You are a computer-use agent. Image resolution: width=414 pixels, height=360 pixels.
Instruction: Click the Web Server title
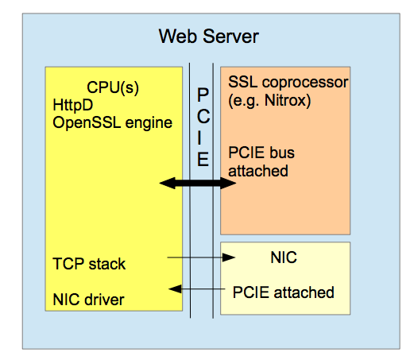[209, 37]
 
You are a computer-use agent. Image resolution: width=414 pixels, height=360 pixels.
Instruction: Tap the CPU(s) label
[113, 87]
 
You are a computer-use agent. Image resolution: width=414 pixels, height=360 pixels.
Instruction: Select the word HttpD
[73, 105]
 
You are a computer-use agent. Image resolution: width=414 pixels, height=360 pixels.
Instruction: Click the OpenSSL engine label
[113, 122]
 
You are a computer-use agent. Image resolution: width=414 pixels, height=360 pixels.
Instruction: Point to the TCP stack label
[89, 264]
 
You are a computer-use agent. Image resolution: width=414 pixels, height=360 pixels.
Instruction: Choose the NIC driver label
[88, 300]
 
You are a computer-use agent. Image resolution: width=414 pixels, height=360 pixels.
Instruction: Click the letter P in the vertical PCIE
[203, 95]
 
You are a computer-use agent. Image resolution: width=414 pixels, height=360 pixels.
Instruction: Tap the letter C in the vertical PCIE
[203, 116]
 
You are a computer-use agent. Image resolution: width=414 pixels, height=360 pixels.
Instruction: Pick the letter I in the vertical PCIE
[199, 137]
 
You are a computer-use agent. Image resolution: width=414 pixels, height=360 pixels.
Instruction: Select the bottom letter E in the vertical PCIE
[203, 159]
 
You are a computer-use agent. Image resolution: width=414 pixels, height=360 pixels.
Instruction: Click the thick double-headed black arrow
[198, 183]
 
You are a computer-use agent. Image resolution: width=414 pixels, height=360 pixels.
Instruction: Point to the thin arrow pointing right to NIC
[201, 257]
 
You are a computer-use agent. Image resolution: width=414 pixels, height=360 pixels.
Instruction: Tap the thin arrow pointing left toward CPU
[197, 288]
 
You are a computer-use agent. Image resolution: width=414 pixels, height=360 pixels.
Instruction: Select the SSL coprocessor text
[288, 82]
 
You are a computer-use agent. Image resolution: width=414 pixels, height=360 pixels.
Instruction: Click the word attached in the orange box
[258, 171]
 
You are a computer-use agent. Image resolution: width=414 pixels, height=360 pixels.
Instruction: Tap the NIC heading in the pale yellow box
[284, 257]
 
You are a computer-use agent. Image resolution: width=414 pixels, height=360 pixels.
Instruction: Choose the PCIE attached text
[284, 292]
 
